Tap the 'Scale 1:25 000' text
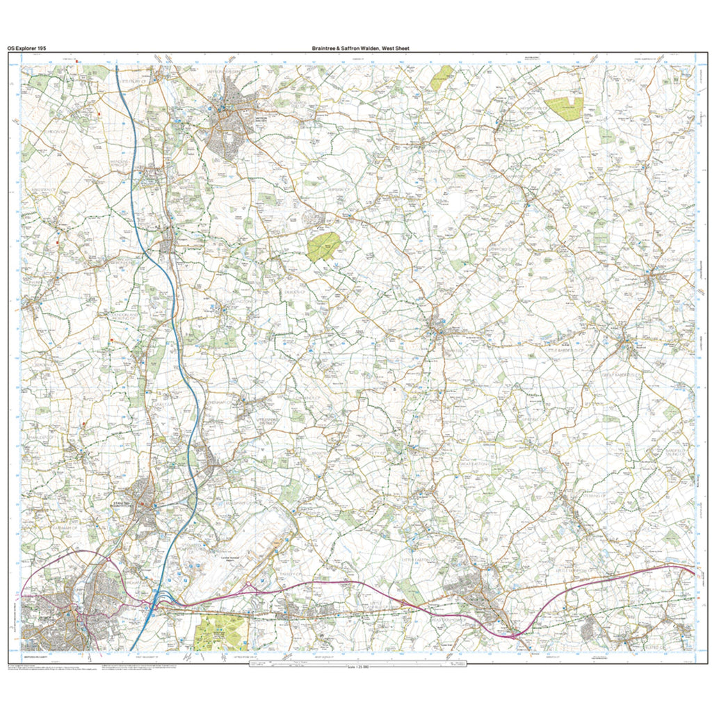tap(356, 667)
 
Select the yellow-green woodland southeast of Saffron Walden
tap(324, 246)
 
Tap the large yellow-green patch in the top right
tap(565, 108)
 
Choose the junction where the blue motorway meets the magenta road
tap(157, 604)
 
